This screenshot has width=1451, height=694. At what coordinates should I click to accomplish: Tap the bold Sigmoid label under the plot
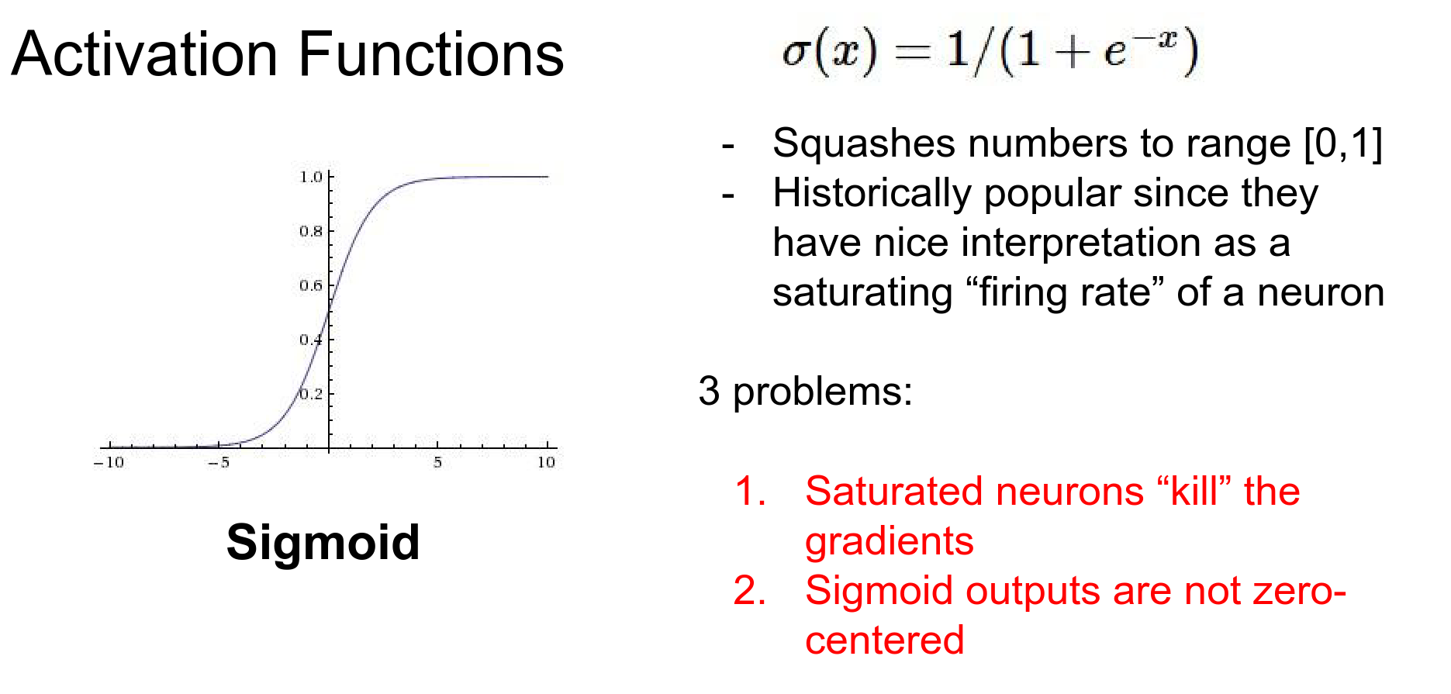323,543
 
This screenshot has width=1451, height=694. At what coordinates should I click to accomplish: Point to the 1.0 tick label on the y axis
311,177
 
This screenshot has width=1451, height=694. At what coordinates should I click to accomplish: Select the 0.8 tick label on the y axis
311,231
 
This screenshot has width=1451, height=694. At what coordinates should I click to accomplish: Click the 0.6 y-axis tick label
311,285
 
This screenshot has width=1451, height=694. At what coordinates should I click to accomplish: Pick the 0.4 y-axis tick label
311,340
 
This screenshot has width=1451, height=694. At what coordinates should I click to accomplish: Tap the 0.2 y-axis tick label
311,394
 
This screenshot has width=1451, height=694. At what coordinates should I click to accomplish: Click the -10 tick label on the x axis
109,462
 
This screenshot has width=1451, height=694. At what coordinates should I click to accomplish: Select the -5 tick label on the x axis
219,462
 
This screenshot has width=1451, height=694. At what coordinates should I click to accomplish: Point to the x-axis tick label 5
438,462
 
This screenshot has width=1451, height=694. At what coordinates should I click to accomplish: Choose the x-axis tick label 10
547,462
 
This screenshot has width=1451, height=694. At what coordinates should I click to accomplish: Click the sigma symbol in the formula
796,53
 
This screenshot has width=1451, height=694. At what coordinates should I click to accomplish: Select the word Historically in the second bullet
872,193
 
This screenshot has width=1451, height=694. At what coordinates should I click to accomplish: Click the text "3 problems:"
806,391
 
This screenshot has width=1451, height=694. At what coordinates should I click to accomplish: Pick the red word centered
885,640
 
